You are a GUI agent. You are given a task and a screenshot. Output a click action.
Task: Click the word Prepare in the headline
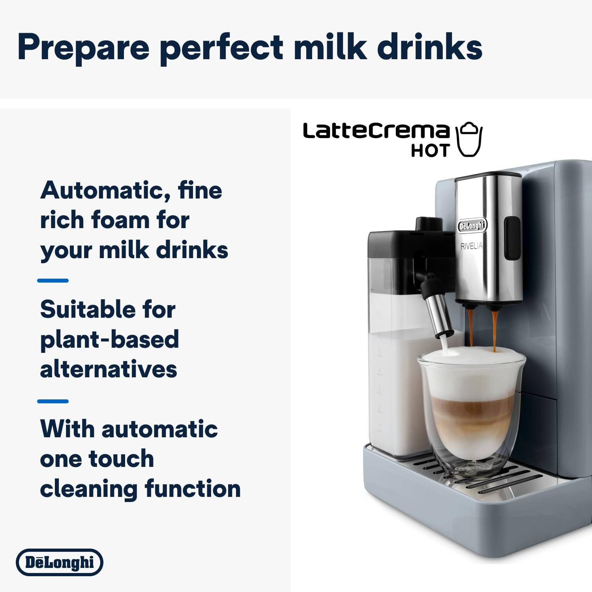coord(83,47)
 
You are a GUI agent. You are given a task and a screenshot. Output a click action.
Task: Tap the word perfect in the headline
coord(221,47)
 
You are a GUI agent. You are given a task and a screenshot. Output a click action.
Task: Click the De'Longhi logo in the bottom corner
coord(60,562)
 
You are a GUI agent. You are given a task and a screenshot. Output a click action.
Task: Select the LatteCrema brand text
coord(376,131)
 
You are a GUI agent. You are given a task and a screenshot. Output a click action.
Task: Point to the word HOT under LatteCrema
coord(430,151)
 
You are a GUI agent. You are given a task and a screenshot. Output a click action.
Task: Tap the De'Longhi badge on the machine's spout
coord(472,226)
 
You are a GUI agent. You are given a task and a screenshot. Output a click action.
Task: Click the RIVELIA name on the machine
coord(471,246)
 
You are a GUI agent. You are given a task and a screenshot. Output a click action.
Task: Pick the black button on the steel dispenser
coord(512,238)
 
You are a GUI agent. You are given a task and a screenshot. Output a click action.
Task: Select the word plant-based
coord(109,339)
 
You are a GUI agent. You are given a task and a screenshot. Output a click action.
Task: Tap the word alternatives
coord(109,369)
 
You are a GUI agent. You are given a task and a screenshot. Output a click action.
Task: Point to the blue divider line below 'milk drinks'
coord(53,281)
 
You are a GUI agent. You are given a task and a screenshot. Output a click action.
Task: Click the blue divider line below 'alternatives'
coord(53,401)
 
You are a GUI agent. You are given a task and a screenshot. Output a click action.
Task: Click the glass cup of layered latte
coord(471,410)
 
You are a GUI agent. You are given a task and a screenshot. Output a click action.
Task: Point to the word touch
coord(121,459)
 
